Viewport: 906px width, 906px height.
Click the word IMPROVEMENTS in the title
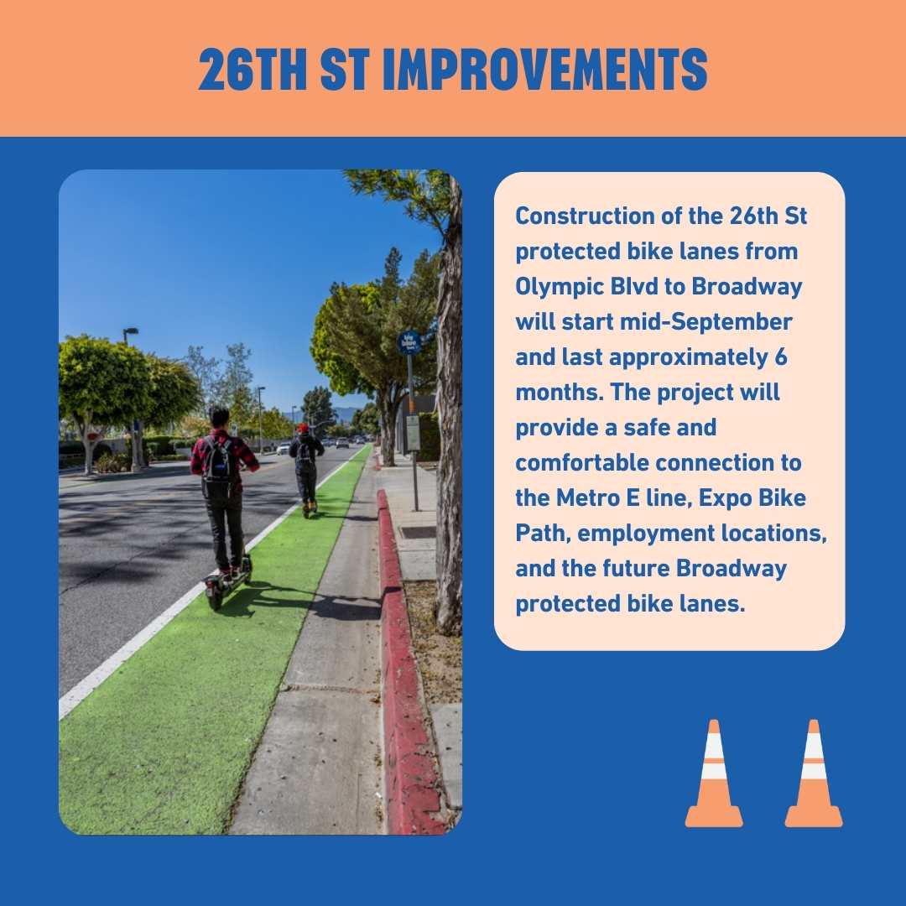point(544,70)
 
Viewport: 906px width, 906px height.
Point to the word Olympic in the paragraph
point(556,286)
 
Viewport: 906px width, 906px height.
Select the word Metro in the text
point(584,497)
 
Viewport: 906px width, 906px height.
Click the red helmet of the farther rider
point(303,428)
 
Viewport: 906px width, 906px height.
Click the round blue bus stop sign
point(409,342)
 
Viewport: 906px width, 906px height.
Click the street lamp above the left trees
point(129,333)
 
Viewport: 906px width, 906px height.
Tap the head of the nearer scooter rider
point(220,417)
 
